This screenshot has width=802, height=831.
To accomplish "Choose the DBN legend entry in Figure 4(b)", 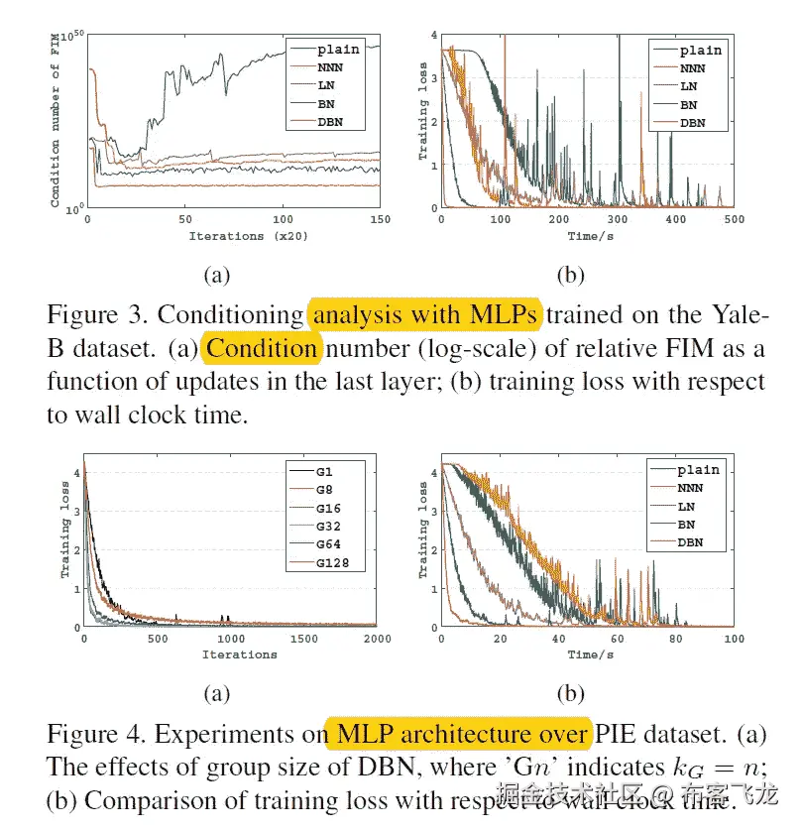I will pos(698,543).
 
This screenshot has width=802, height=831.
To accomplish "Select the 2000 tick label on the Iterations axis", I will pos(377,640).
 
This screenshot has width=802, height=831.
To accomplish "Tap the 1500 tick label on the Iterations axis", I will pos(303,640).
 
